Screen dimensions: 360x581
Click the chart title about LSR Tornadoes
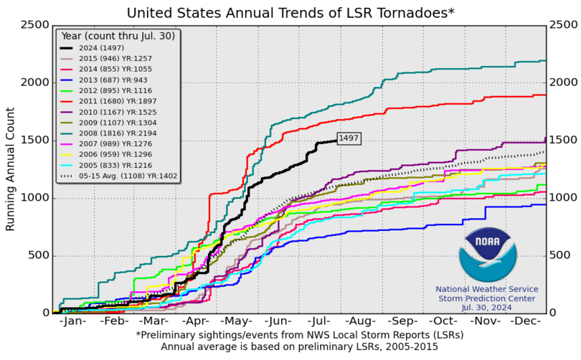coord(290,12)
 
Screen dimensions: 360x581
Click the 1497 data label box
coord(349,138)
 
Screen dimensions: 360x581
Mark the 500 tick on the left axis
coord(39,256)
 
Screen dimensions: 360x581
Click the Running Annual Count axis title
coord(10,169)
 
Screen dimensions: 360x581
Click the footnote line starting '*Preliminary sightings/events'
coord(290,335)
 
